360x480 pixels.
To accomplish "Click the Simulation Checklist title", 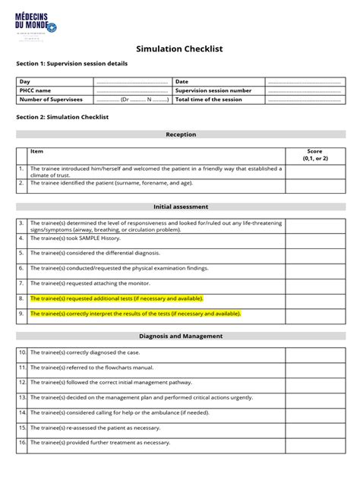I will [179, 49].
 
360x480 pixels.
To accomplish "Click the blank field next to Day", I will [131, 81].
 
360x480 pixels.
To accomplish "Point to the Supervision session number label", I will [213, 90].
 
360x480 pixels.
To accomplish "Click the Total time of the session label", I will [209, 99].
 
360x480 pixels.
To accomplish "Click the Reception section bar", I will [180, 134].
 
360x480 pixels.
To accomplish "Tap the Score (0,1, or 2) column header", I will [314, 155].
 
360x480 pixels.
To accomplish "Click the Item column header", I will [36, 152].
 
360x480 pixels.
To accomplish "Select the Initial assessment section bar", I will [180, 207].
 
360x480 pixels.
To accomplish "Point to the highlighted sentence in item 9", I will [135, 313].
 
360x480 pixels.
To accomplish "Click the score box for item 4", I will [314, 238].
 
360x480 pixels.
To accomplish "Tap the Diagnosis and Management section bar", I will [180, 336].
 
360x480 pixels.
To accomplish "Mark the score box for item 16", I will [314, 442].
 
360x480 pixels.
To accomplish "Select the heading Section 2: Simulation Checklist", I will [63, 117].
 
